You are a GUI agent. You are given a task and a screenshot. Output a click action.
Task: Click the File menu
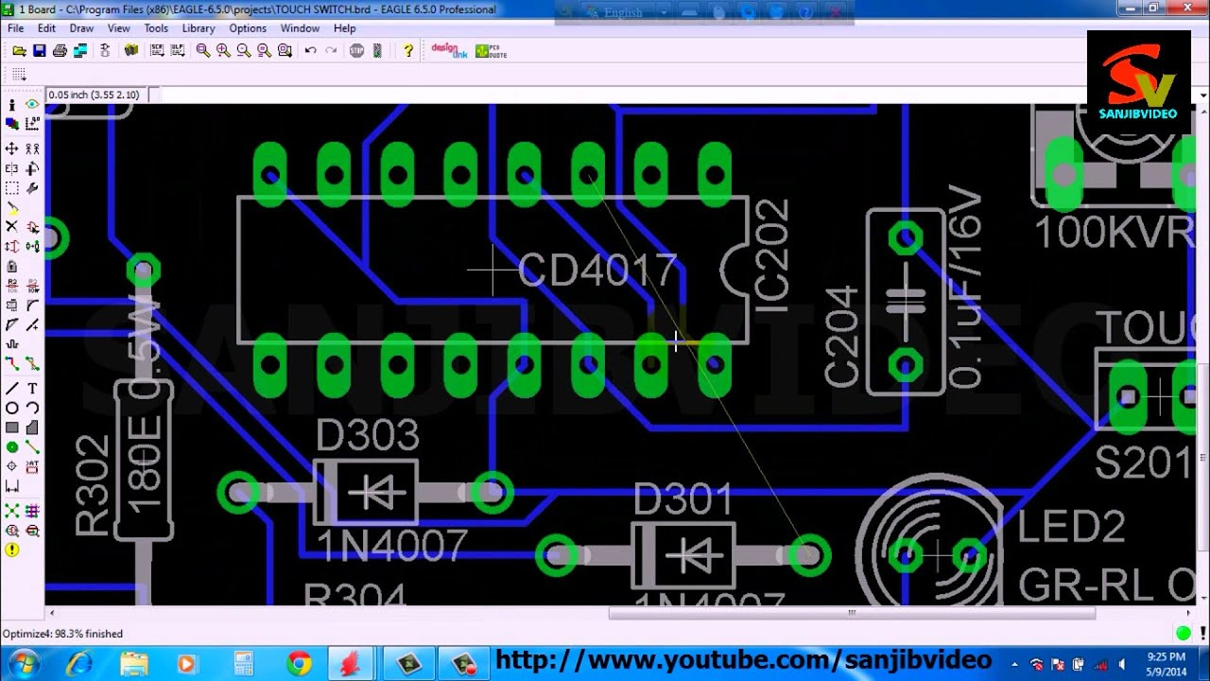point(15,28)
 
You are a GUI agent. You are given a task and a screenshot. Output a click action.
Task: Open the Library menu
point(199,28)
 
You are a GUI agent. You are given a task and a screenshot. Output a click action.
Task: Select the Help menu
point(344,28)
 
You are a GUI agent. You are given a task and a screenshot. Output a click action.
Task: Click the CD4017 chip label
point(597,271)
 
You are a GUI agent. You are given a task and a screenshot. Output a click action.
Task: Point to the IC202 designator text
point(772,256)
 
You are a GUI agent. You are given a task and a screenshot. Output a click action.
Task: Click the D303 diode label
point(367,435)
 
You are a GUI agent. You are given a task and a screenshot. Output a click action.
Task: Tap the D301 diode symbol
point(683,555)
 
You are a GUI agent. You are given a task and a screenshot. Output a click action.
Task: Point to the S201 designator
point(1143,463)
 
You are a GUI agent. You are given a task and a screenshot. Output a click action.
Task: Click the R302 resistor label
point(93,486)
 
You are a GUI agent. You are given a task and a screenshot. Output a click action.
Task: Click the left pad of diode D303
point(238,492)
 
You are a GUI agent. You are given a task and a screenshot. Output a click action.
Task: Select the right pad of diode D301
point(808,555)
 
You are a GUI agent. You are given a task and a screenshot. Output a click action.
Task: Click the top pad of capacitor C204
point(906,238)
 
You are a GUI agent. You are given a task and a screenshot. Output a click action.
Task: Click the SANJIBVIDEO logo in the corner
point(1138,82)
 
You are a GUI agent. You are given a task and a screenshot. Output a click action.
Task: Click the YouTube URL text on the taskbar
point(743,660)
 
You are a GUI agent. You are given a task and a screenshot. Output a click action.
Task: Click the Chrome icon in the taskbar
point(300,663)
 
